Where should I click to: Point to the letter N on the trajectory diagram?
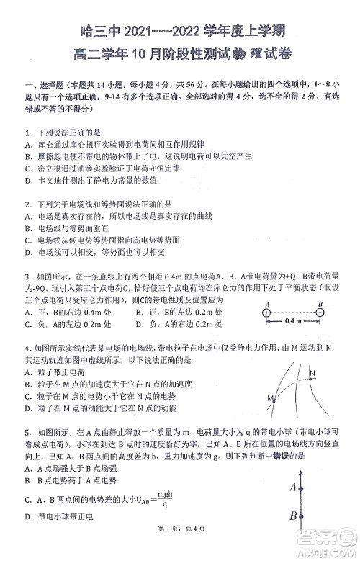point(312,373)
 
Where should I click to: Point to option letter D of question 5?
point(27,516)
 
